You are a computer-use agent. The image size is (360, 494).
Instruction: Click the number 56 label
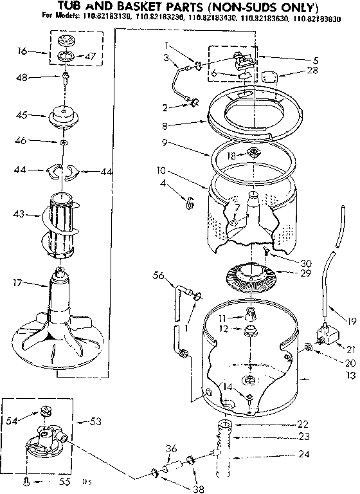(157, 276)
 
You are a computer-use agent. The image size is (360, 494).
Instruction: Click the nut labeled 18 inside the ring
(254, 152)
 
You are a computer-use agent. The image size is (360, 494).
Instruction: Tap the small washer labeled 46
(63, 141)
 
